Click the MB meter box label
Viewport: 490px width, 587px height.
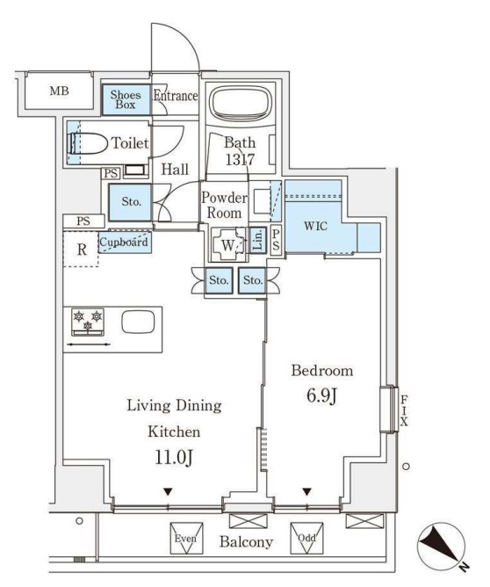60,91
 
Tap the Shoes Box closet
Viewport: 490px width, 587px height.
126,99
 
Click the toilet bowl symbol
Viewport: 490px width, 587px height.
87,143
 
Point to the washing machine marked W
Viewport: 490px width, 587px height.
228,245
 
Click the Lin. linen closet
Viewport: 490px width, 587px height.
257,241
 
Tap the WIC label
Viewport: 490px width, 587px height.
315,226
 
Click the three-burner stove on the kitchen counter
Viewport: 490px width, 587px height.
88,322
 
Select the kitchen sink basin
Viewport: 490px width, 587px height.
138,322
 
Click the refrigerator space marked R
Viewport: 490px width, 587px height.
81,249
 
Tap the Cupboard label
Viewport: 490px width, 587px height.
124,242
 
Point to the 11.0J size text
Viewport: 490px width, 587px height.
174,458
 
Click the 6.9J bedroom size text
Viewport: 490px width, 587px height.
322,396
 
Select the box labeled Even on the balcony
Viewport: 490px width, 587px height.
186,539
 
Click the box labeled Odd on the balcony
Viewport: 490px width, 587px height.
306,539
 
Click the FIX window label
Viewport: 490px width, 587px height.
404,410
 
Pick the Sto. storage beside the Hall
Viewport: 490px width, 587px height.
130,202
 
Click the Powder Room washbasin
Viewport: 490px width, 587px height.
262,201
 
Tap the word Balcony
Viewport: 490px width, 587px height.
246,541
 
